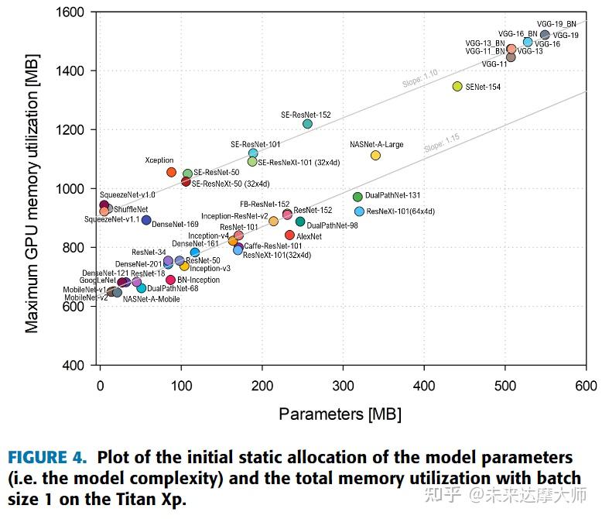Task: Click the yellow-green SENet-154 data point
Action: (x=457, y=87)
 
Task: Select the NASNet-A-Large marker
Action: (x=375, y=155)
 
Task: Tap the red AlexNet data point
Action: (x=290, y=235)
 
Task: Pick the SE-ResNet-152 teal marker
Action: (x=307, y=124)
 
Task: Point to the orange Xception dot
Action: (x=172, y=172)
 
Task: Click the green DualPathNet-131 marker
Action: (x=357, y=197)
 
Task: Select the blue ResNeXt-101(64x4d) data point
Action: (x=359, y=211)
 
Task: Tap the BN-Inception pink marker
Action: (x=170, y=280)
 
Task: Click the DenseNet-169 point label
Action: (x=175, y=225)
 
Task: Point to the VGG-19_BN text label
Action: (x=556, y=24)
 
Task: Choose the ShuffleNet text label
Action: (x=130, y=209)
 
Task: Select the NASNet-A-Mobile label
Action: (x=151, y=299)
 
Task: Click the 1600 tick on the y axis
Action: (x=70, y=12)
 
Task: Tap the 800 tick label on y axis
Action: (x=74, y=248)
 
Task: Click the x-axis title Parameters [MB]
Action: (x=340, y=414)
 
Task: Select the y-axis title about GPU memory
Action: (x=32, y=189)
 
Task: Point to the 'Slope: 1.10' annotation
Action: (x=419, y=78)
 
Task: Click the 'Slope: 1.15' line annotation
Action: (x=442, y=143)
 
